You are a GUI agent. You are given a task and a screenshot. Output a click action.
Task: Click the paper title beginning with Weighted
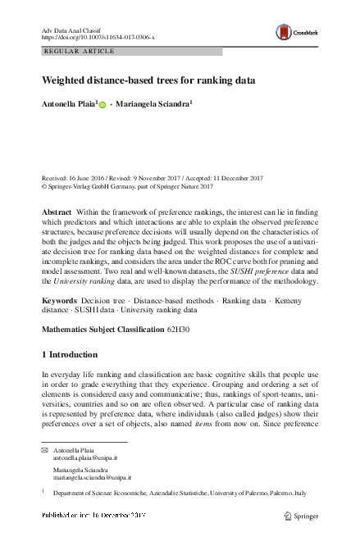148,80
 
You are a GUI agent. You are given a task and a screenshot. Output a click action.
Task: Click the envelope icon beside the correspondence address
45,452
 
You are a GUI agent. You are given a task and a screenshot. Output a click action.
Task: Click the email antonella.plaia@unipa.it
83,459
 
